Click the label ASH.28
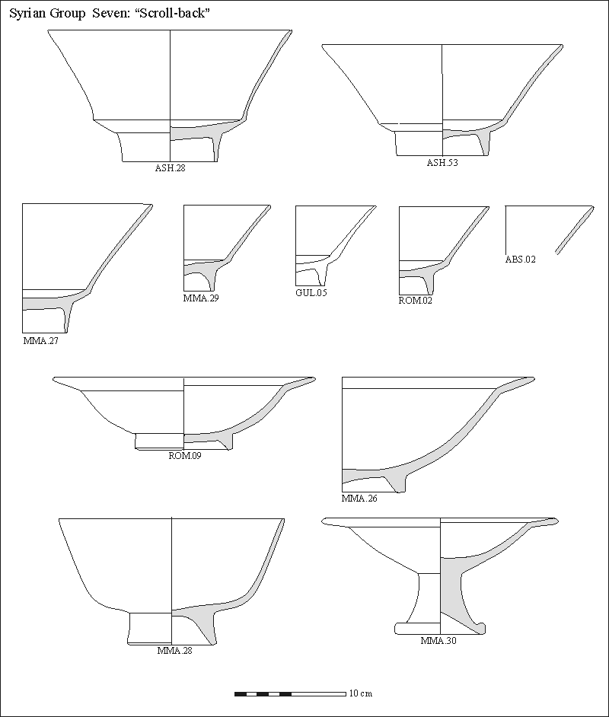point(170,167)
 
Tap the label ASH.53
point(442,163)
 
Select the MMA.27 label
point(40,341)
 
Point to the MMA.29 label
point(201,298)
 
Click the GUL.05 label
point(311,292)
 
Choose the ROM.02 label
point(415,301)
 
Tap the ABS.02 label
point(520,260)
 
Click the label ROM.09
point(185,455)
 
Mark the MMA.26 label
point(359,499)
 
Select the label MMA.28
point(174,650)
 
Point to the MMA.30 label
point(438,641)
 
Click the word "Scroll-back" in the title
point(172,13)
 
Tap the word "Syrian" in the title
point(27,14)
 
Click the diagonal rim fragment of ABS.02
point(575,230)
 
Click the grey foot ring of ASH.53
point(483,143)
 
